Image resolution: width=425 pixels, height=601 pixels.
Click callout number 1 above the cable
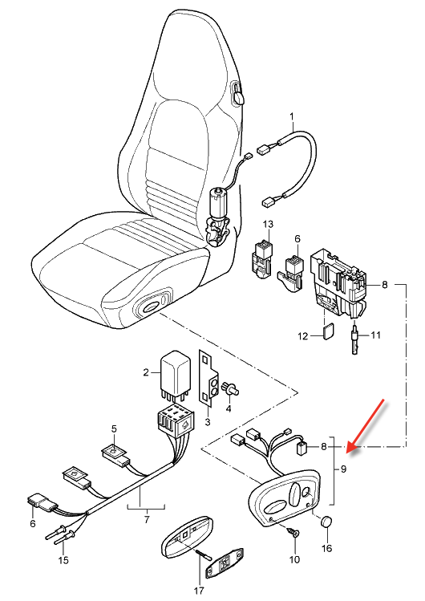292,116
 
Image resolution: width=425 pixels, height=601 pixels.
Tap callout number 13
269,224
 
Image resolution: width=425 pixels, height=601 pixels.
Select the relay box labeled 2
176,373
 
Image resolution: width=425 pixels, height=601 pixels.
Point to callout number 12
303,336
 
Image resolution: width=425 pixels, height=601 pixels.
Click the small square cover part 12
328,332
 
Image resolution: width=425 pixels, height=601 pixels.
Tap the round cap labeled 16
326,522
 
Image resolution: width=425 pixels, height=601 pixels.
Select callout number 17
199,591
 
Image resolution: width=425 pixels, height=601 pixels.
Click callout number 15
63,560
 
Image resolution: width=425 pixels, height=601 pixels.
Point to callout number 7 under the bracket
147,519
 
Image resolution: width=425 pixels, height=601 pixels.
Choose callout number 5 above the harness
114,428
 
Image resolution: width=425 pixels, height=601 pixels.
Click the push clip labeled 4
232,389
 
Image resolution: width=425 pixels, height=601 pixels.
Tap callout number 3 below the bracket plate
208,422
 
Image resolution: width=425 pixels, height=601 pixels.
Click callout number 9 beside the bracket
343,469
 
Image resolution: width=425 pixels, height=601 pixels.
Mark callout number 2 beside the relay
146,372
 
